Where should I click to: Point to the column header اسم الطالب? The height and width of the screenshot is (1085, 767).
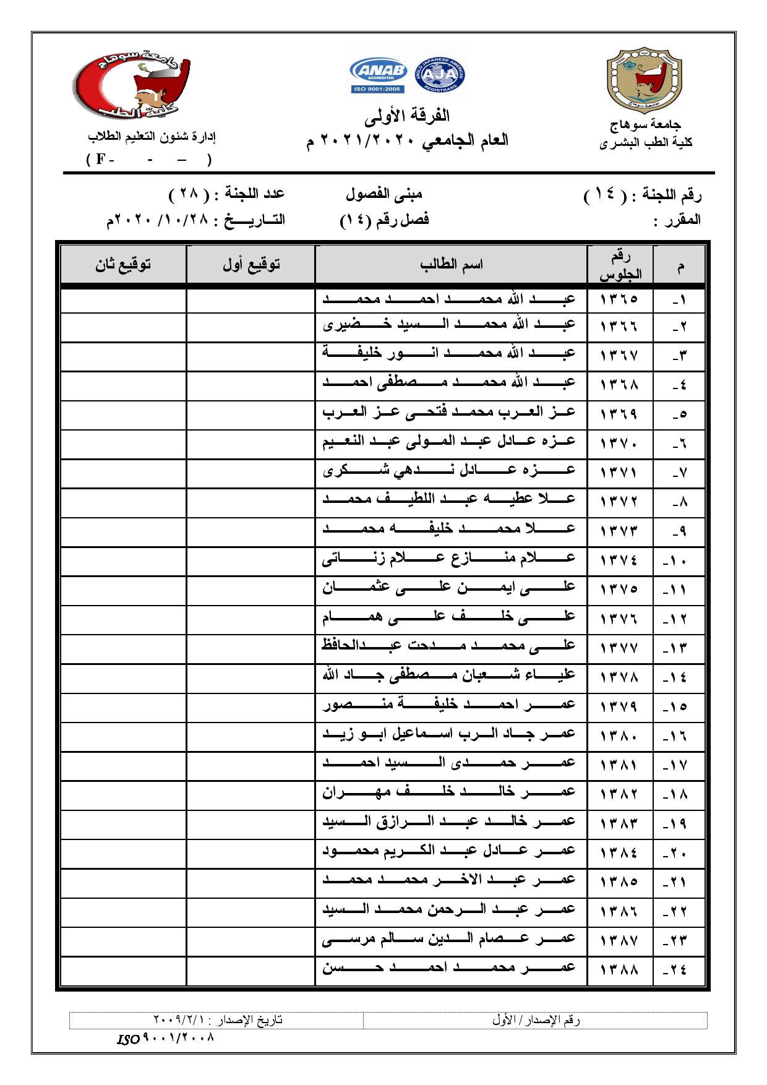[452, 265]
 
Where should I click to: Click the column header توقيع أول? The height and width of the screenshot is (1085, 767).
[251, 265]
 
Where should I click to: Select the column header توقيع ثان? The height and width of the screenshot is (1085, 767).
[124, 265]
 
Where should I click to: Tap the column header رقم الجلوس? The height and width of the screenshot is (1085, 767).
[620, 265]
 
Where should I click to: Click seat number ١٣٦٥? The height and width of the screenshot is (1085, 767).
[619, 299]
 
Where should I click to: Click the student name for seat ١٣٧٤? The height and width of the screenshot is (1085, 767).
[450, 559]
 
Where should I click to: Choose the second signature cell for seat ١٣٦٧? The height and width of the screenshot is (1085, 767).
[124, 354]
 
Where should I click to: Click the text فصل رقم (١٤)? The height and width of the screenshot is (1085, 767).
[384, 220]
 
